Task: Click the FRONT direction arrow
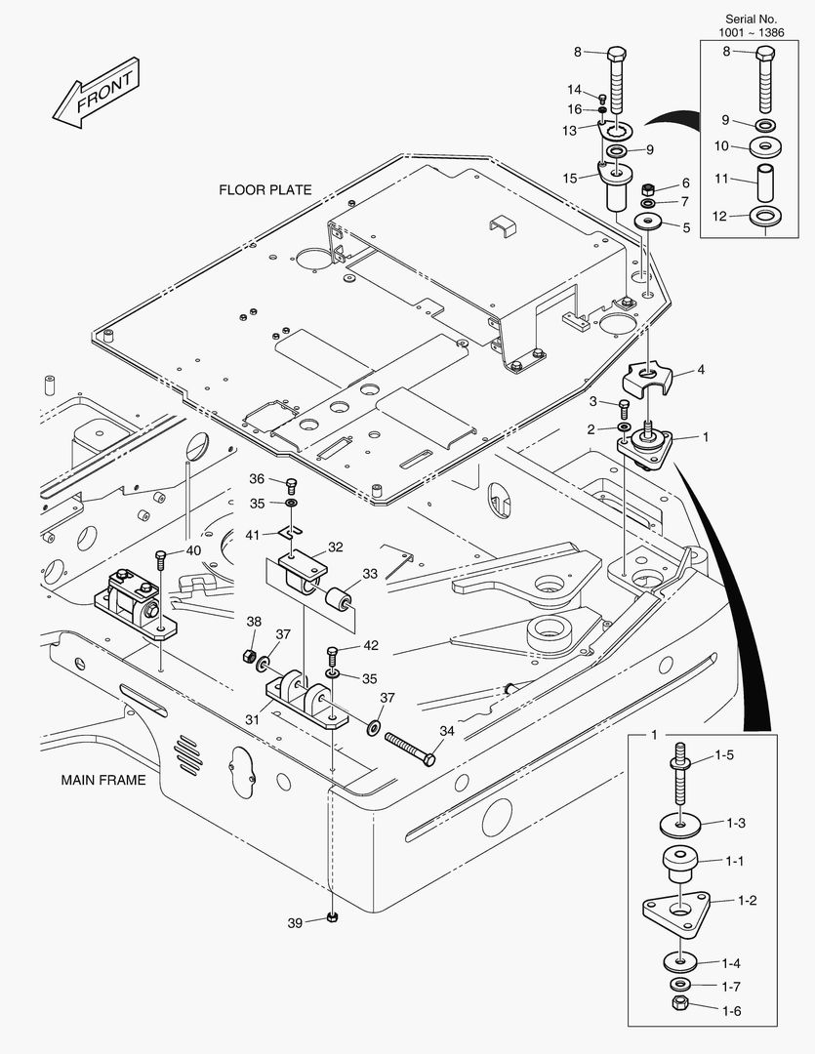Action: [96, 95]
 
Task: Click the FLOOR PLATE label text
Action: [265, 190]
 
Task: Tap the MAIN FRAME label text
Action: [102, 780]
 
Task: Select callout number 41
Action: [252, 534]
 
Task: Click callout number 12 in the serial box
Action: [718, 216]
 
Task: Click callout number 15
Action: [569, 178]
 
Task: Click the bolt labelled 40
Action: [161, 559]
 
